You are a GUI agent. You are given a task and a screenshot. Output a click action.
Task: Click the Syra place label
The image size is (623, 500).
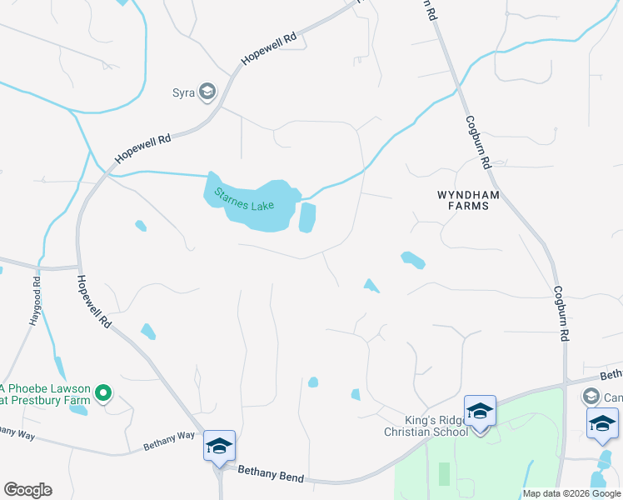(x=183, y=92)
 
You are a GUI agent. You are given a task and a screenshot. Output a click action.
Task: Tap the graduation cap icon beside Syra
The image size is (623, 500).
(x=207, y=92)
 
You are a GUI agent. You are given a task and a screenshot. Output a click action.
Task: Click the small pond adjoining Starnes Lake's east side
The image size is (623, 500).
(x=307, y=217)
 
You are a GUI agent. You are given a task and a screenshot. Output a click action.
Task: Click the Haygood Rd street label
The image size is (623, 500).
(x=36, y=308)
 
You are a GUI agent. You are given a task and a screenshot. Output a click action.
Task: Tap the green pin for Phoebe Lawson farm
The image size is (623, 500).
(x=103, y=392)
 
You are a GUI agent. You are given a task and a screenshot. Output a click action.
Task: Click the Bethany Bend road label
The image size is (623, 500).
(x=271, y=475)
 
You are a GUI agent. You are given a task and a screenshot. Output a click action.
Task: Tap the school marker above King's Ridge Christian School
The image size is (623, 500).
(x=480, y=412)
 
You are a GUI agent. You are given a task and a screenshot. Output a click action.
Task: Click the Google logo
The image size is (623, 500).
(x=27, y=490)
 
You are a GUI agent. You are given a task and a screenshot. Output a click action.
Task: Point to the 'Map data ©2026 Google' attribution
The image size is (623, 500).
(x=571, y=493)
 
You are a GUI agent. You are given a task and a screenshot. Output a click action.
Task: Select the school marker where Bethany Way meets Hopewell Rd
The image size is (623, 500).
(x=219, y=446)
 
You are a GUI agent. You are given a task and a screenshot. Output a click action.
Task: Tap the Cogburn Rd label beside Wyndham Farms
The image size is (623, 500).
(x=481, y=139)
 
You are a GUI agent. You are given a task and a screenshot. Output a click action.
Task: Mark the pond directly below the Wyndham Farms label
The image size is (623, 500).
(x=413, y=260)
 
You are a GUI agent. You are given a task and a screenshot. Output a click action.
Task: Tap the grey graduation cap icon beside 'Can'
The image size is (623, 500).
(x=591, y=395)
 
